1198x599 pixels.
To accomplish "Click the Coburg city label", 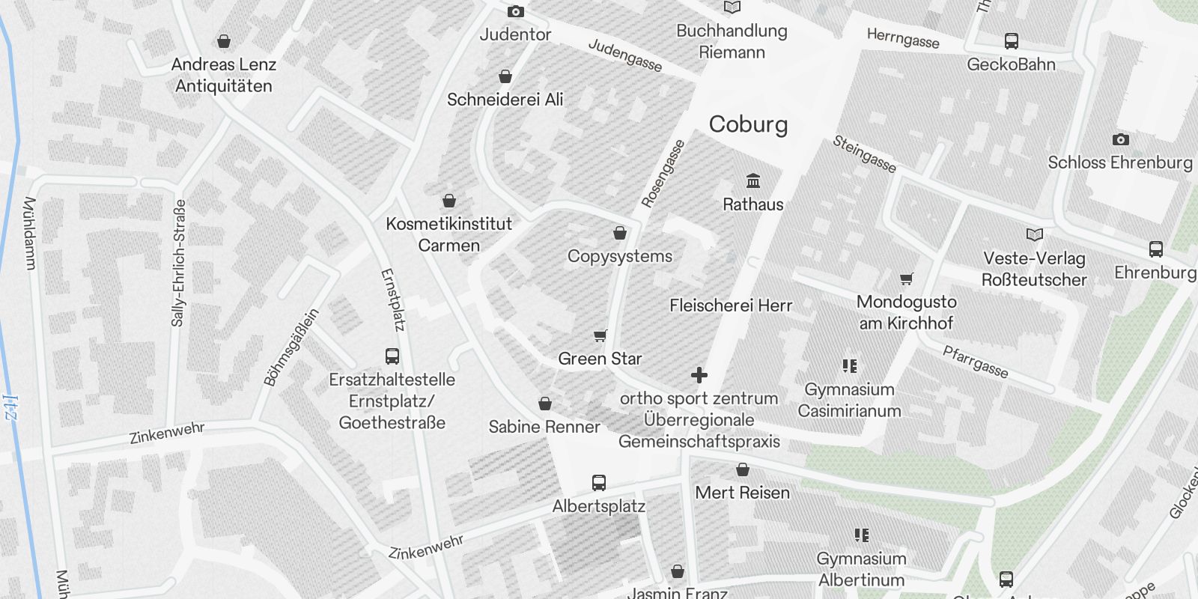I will (748, 124).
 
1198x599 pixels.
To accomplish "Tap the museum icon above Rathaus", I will (753, 181).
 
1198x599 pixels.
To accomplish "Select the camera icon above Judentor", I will (516, 11).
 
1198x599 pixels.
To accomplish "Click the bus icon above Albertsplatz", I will (599, 483).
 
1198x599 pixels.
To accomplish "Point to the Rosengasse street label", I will (663, 174).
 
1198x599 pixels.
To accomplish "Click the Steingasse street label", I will (864, 154).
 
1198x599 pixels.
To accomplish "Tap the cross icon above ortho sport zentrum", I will (699, 375).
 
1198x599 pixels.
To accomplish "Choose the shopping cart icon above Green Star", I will (600, 335).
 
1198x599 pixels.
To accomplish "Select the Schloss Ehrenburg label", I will (1120, 162).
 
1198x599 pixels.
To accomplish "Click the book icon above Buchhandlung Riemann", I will (732, 7).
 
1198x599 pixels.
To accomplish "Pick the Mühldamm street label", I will (30, 233).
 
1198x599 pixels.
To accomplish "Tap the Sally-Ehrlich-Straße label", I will (178, 262).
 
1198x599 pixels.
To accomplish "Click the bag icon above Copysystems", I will (620, 234).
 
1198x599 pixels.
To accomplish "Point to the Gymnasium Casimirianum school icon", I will (849, 366).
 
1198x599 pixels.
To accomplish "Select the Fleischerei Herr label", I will (731, 305).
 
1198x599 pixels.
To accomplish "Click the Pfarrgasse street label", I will (975, 362).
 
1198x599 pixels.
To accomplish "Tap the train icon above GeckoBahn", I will (1011, 41).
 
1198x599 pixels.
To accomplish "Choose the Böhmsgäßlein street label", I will (291, 347).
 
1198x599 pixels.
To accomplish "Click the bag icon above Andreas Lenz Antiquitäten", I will (223, 41).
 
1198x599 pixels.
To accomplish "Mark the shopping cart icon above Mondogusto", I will (907, 279).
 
